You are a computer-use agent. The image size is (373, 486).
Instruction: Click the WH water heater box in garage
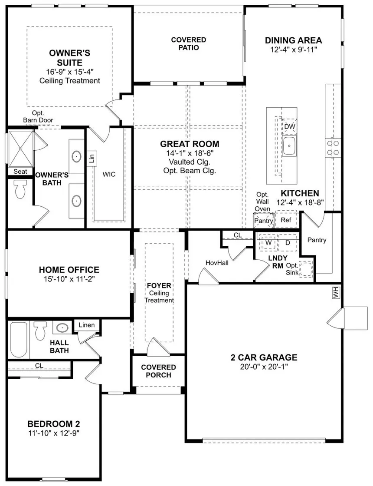(336, 292)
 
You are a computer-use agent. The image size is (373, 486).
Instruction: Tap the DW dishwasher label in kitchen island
(290, 126)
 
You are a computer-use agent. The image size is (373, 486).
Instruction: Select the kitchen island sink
(289, 145)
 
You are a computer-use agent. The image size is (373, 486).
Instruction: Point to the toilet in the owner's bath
(20, 189)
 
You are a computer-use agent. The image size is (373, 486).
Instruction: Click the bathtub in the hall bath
(19, 340)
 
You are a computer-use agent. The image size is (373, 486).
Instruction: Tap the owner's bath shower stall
(20, 149)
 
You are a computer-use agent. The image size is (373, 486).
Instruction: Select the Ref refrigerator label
(286, 220)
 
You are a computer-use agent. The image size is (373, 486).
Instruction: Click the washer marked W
(268, 242)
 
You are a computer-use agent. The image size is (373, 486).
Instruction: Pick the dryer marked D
(288, 242)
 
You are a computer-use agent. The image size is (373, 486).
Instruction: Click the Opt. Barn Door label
(38, 116)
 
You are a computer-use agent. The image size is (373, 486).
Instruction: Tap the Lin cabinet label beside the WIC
(92, 159)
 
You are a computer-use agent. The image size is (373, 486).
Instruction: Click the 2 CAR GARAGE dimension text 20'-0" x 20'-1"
(264, 367)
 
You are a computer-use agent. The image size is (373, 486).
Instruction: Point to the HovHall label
(217, 263)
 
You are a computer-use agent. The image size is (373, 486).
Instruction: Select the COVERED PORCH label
(158, 371)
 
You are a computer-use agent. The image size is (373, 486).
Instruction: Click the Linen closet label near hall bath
(87, 325)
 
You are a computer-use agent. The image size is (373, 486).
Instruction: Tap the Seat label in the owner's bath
(20, 172)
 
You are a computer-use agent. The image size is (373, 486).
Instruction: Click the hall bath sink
(62, 327)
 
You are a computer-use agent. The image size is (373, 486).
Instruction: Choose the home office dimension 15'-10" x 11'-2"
(69, 279)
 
